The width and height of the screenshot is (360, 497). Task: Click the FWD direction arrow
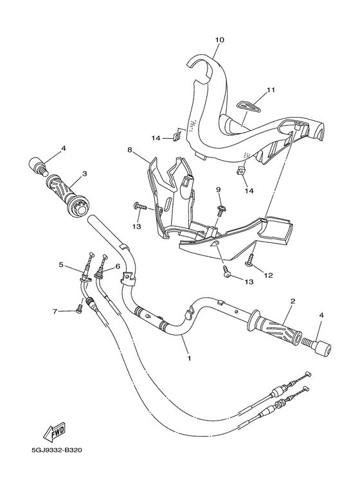click(54, 432)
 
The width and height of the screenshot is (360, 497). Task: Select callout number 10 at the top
click(220, 40)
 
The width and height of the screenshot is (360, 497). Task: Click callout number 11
click(270, 90)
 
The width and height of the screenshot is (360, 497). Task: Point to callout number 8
click(130, 149)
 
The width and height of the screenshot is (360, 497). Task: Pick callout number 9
click(219, 189)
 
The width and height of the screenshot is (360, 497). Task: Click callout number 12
click(268, 275)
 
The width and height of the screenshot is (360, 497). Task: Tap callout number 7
click(55, 312)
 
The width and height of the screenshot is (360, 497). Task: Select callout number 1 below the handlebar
click(189, 358)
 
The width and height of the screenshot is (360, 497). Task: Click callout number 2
click(292, 300)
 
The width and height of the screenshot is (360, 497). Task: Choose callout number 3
click(84, 174)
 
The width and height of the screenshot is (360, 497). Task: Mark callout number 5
click(62, 264)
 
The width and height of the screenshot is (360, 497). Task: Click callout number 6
click(118, 267)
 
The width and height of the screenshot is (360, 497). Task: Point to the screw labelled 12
click(249, 258)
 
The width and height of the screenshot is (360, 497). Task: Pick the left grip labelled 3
click(69, 197)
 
